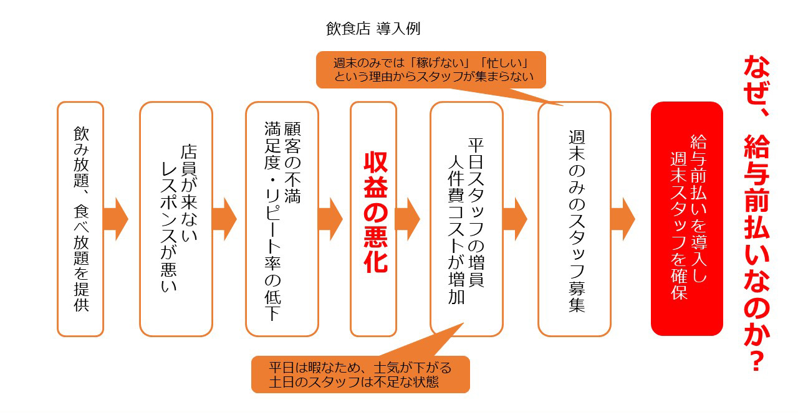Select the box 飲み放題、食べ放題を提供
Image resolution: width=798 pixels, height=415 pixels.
[80, 219]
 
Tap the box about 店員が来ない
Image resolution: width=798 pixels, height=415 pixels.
[176, 219]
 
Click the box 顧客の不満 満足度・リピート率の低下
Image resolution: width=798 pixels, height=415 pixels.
[282, 219]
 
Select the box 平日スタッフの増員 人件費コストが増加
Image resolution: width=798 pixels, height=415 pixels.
[466, 219]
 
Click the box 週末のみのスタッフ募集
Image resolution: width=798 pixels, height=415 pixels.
[574, 219]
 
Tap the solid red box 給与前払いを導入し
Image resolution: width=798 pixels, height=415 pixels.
[686, 219]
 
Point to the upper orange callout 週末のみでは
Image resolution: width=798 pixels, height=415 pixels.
[431, 69]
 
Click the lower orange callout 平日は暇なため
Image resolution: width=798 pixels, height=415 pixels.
[360, 374]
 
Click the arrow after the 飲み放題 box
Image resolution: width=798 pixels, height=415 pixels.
[115, 219]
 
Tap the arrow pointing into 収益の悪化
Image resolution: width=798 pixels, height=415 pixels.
[330, 219]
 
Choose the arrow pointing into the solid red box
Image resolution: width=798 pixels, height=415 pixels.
[623, 219]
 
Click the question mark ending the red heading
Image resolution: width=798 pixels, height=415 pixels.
[756, 358]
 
